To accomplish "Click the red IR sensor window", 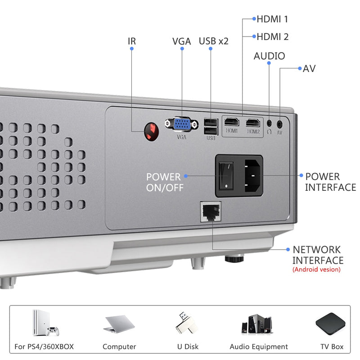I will (152, 131).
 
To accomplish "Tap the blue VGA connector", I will (181, 124).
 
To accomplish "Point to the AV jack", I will (280, 122).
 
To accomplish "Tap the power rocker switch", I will (227, 175).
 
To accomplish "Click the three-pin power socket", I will (253, 175).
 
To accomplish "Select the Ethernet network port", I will (211, 211).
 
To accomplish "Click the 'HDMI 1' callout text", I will (272, 19).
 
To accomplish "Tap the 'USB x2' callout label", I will (214, 41).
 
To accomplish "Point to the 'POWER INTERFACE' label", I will (330, 182).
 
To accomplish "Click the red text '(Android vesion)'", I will (316, 270).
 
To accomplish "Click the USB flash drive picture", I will (186, 323).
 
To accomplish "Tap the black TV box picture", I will (332, 324).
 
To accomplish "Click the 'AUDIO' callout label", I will (269, 56).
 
